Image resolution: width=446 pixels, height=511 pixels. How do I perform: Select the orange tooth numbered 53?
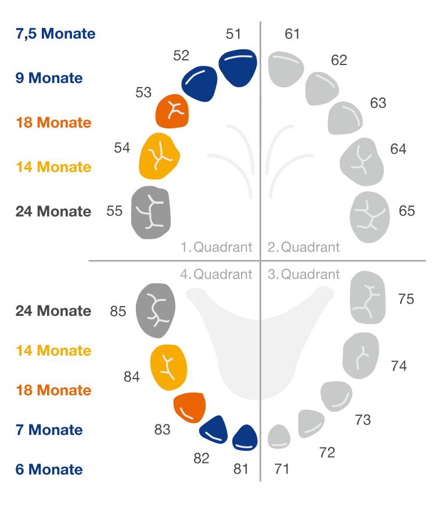click(x=172, y=111)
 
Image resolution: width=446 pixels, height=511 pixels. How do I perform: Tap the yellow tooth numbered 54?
click(x=159, y=155)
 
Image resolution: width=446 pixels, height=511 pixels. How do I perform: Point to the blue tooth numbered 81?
click(x=244, y=438)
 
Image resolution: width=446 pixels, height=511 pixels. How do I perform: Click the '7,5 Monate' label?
click(x=56, y=34)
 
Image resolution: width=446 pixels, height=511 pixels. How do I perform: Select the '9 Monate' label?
click(x=49, y=78)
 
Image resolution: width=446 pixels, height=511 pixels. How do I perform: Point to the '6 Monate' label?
click(x=49, y=469)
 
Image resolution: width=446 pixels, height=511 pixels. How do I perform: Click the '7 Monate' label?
click(x=49, y=430)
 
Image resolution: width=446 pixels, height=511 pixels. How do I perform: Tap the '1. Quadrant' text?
click(x=216, y=247)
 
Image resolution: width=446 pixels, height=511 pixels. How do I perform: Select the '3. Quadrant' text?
click(x=304, y=274)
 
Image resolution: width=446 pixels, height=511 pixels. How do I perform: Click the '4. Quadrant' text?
click(x=216, y=274)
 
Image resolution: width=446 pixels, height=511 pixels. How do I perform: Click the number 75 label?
click(x=406, y=299)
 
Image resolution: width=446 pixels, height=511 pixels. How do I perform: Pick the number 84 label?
click(x=132, y=377)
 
